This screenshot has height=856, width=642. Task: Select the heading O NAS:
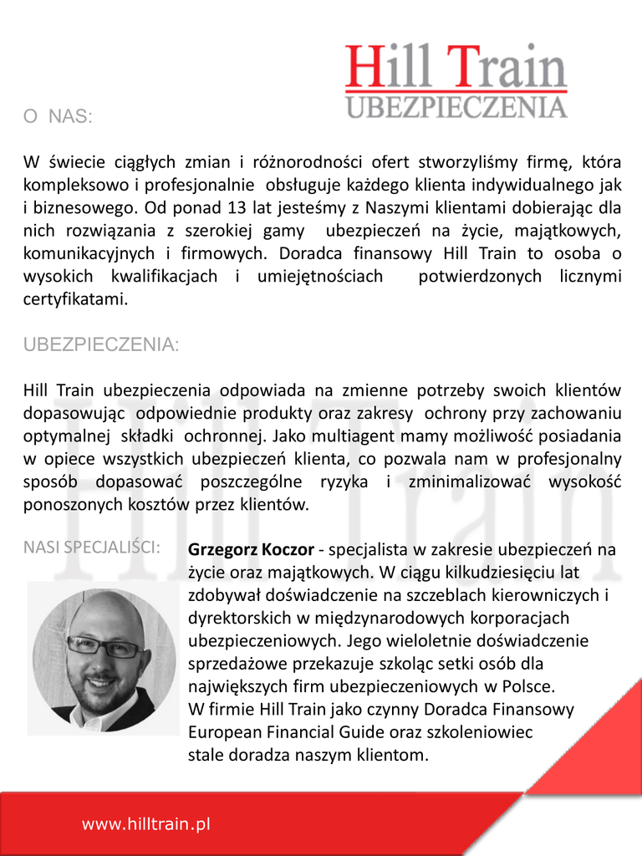tap(58, 117)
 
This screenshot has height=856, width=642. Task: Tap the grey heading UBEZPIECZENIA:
tap(100, 345)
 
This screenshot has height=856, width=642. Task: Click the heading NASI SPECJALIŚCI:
tap(92, 548)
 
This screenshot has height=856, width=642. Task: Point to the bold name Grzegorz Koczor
tap(251, 550)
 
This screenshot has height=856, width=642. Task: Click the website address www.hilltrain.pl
tap(145, 824)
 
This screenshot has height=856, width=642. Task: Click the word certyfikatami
tap(75, 298)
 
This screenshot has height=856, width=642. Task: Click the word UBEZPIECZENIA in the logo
tap(456, 107)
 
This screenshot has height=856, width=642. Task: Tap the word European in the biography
tap(222, 732)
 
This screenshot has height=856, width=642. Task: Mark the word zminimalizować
tap(469, 481)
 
